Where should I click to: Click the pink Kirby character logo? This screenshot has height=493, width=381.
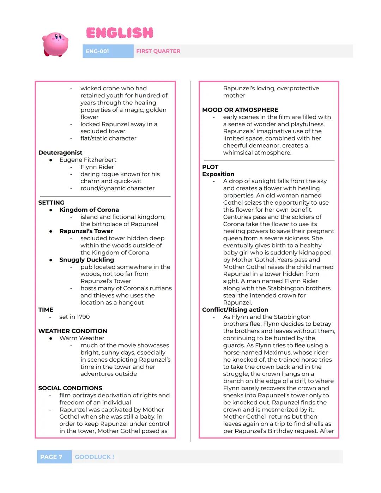click(55, 44)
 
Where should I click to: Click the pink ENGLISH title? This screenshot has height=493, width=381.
click(120, 33)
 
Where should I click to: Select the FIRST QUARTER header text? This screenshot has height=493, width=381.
click(158, 51)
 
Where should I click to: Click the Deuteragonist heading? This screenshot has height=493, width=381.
click(60, 152)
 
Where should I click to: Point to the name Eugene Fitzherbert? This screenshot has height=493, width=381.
click(88, 160)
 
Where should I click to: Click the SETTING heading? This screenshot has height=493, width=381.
click(51, 203)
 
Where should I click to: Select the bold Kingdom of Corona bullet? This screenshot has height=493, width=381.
click(89, 210)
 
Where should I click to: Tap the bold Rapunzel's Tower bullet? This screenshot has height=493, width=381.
click(86, 231)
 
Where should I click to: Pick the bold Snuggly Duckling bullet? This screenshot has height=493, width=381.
click(86, 260)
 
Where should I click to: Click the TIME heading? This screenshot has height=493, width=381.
click(46, 309)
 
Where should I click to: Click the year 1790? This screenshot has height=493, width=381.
click(83, 317)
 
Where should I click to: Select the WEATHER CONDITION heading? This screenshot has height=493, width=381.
click(73, 331)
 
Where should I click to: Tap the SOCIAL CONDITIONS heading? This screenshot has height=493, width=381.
click(70, 388)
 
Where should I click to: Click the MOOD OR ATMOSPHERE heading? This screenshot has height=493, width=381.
click(240, 110)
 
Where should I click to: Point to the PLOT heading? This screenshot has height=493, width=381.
click(210, 167)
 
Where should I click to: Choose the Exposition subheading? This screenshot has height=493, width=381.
click(218, 174)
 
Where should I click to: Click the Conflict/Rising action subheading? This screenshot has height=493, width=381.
click(235, 309)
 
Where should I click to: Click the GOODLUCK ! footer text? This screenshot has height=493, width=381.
click(94, 457)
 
